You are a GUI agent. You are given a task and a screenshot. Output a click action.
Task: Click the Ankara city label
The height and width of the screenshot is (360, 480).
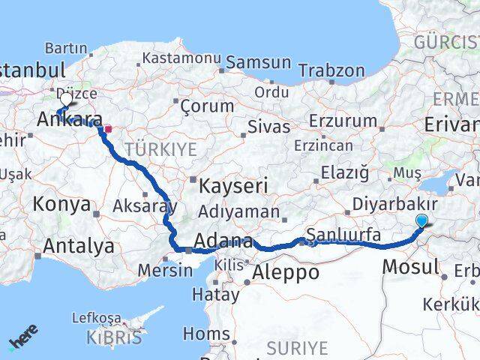(70, 119)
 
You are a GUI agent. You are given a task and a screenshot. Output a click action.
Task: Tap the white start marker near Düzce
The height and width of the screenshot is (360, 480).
(65, 99)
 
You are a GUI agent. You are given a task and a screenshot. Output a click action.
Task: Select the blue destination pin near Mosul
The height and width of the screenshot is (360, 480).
(422, 220)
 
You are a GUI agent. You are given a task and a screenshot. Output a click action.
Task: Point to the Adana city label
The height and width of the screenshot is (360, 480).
(222, 242)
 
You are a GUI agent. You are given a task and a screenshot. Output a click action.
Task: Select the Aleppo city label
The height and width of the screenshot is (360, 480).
(286, 273)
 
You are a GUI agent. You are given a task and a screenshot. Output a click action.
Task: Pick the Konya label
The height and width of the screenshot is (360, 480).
(62, 204)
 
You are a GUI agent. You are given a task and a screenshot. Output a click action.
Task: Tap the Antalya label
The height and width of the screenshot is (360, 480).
(79, 245)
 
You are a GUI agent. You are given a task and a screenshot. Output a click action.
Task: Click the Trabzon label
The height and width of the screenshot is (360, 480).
(331, 71)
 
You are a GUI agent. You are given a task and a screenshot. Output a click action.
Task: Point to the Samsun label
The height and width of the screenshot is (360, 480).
(258, 63)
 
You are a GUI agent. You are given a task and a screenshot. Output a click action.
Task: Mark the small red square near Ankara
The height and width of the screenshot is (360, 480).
(108, 128)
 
